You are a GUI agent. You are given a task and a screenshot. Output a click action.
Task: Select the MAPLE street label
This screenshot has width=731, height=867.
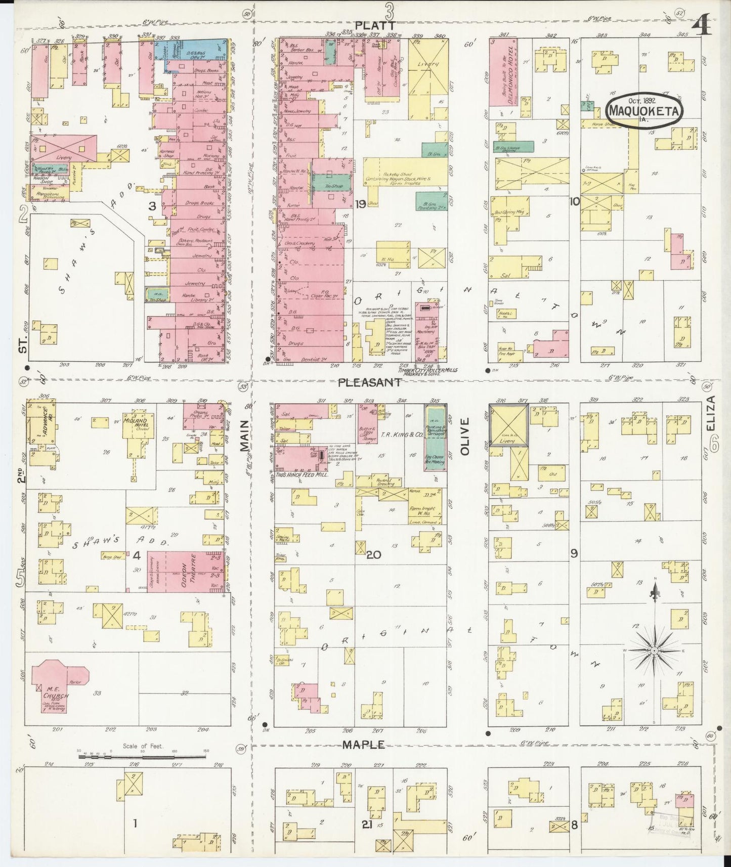pyautogui.click(x=364, y=745)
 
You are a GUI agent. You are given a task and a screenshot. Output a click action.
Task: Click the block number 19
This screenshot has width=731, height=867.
pyautogui.click(x=360, y=204)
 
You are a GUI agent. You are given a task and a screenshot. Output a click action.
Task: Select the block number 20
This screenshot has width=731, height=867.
pyautogui.click(x=373, y=554)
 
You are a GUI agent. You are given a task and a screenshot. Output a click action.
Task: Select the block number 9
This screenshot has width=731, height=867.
pyautogui.click(x=574, y=553)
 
